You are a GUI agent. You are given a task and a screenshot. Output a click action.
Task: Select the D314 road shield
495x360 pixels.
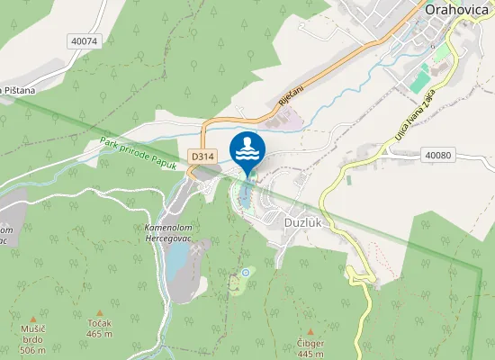tap(202, 156)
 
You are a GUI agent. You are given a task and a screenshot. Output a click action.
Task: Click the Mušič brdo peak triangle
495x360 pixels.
tap(33, 319)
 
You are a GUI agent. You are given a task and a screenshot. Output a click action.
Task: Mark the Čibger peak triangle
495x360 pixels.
tap(310, 331)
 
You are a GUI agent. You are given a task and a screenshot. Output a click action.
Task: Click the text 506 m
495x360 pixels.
tap(32, 350)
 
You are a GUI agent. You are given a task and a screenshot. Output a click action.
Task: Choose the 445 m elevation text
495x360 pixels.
tap(310, 355)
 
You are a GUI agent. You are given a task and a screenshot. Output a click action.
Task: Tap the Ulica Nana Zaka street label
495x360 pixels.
tap(415, 113)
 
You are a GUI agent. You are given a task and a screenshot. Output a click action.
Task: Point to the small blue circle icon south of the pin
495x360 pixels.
tap(245, 273)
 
